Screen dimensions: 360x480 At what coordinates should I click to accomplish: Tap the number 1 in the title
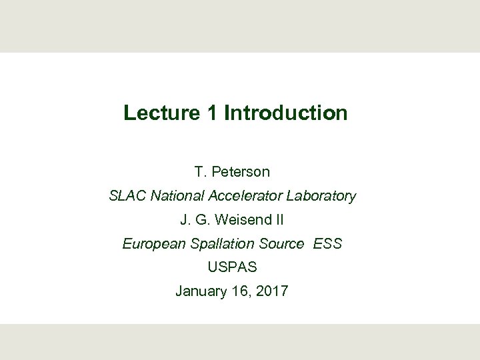pos(212,113)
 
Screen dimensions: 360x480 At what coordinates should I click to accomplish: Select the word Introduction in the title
pos(286,113)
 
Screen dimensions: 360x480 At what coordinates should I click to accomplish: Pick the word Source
pos(282,244)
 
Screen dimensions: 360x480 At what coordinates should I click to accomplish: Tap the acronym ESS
pos(327,244)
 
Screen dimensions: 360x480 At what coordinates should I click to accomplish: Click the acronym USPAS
pos(232,267)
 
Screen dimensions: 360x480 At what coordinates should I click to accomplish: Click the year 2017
pos(273,291)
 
